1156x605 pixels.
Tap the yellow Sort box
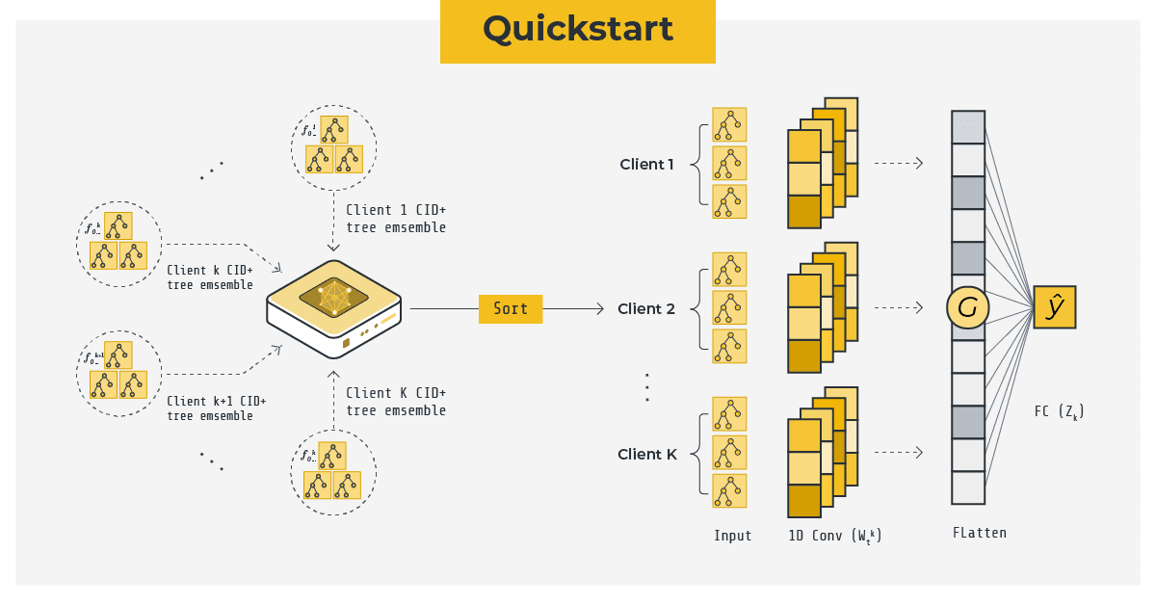pyautogui.click(x=511, y=308)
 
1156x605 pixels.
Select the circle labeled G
pyautogui.click(x=968, y=308)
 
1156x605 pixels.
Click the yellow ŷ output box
pyautogui.click(x=1054, y=307)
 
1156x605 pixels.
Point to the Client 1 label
pyautogui.click(x=646, y=164)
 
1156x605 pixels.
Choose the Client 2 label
pyautogui.click(x=646, y=309)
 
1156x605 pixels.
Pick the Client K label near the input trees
pyautogui.click(x=647, y=455)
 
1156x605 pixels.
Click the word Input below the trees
pyautogui.click(x=732, y=536)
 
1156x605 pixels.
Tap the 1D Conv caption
pyautogui.click(x=834, y=537)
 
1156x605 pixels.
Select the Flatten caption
pyautogui.click(x=979, y=533)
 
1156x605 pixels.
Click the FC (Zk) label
pyautogui.click(x=1059, y=412)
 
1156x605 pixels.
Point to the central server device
pyautogui.click(x=333, y=306)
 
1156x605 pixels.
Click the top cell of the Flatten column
pyautogui.click(x=968, y=127)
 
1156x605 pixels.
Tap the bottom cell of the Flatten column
pyautogui.click(x=968, y=487)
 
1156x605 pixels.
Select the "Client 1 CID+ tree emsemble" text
pyautogui.click(x=396, y=219)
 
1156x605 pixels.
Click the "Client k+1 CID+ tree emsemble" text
pyautogui.click(x=216, y=408)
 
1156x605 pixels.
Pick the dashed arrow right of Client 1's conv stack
pyautogui.click(x=899, y=164)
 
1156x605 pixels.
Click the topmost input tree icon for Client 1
pyautogui.click(x=729, y=124)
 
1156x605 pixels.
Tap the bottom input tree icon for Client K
pyautogui.click(x=729, y=490)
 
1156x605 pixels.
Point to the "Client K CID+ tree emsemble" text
pyautogui.click(x=396, y=402)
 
